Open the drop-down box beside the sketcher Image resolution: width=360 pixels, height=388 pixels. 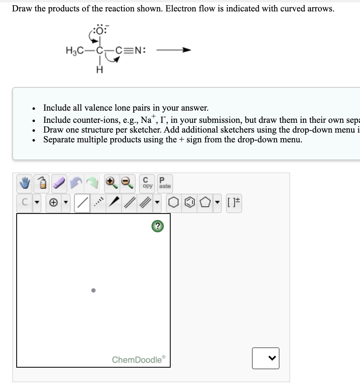265,358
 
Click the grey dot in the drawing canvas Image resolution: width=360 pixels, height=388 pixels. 93,290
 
